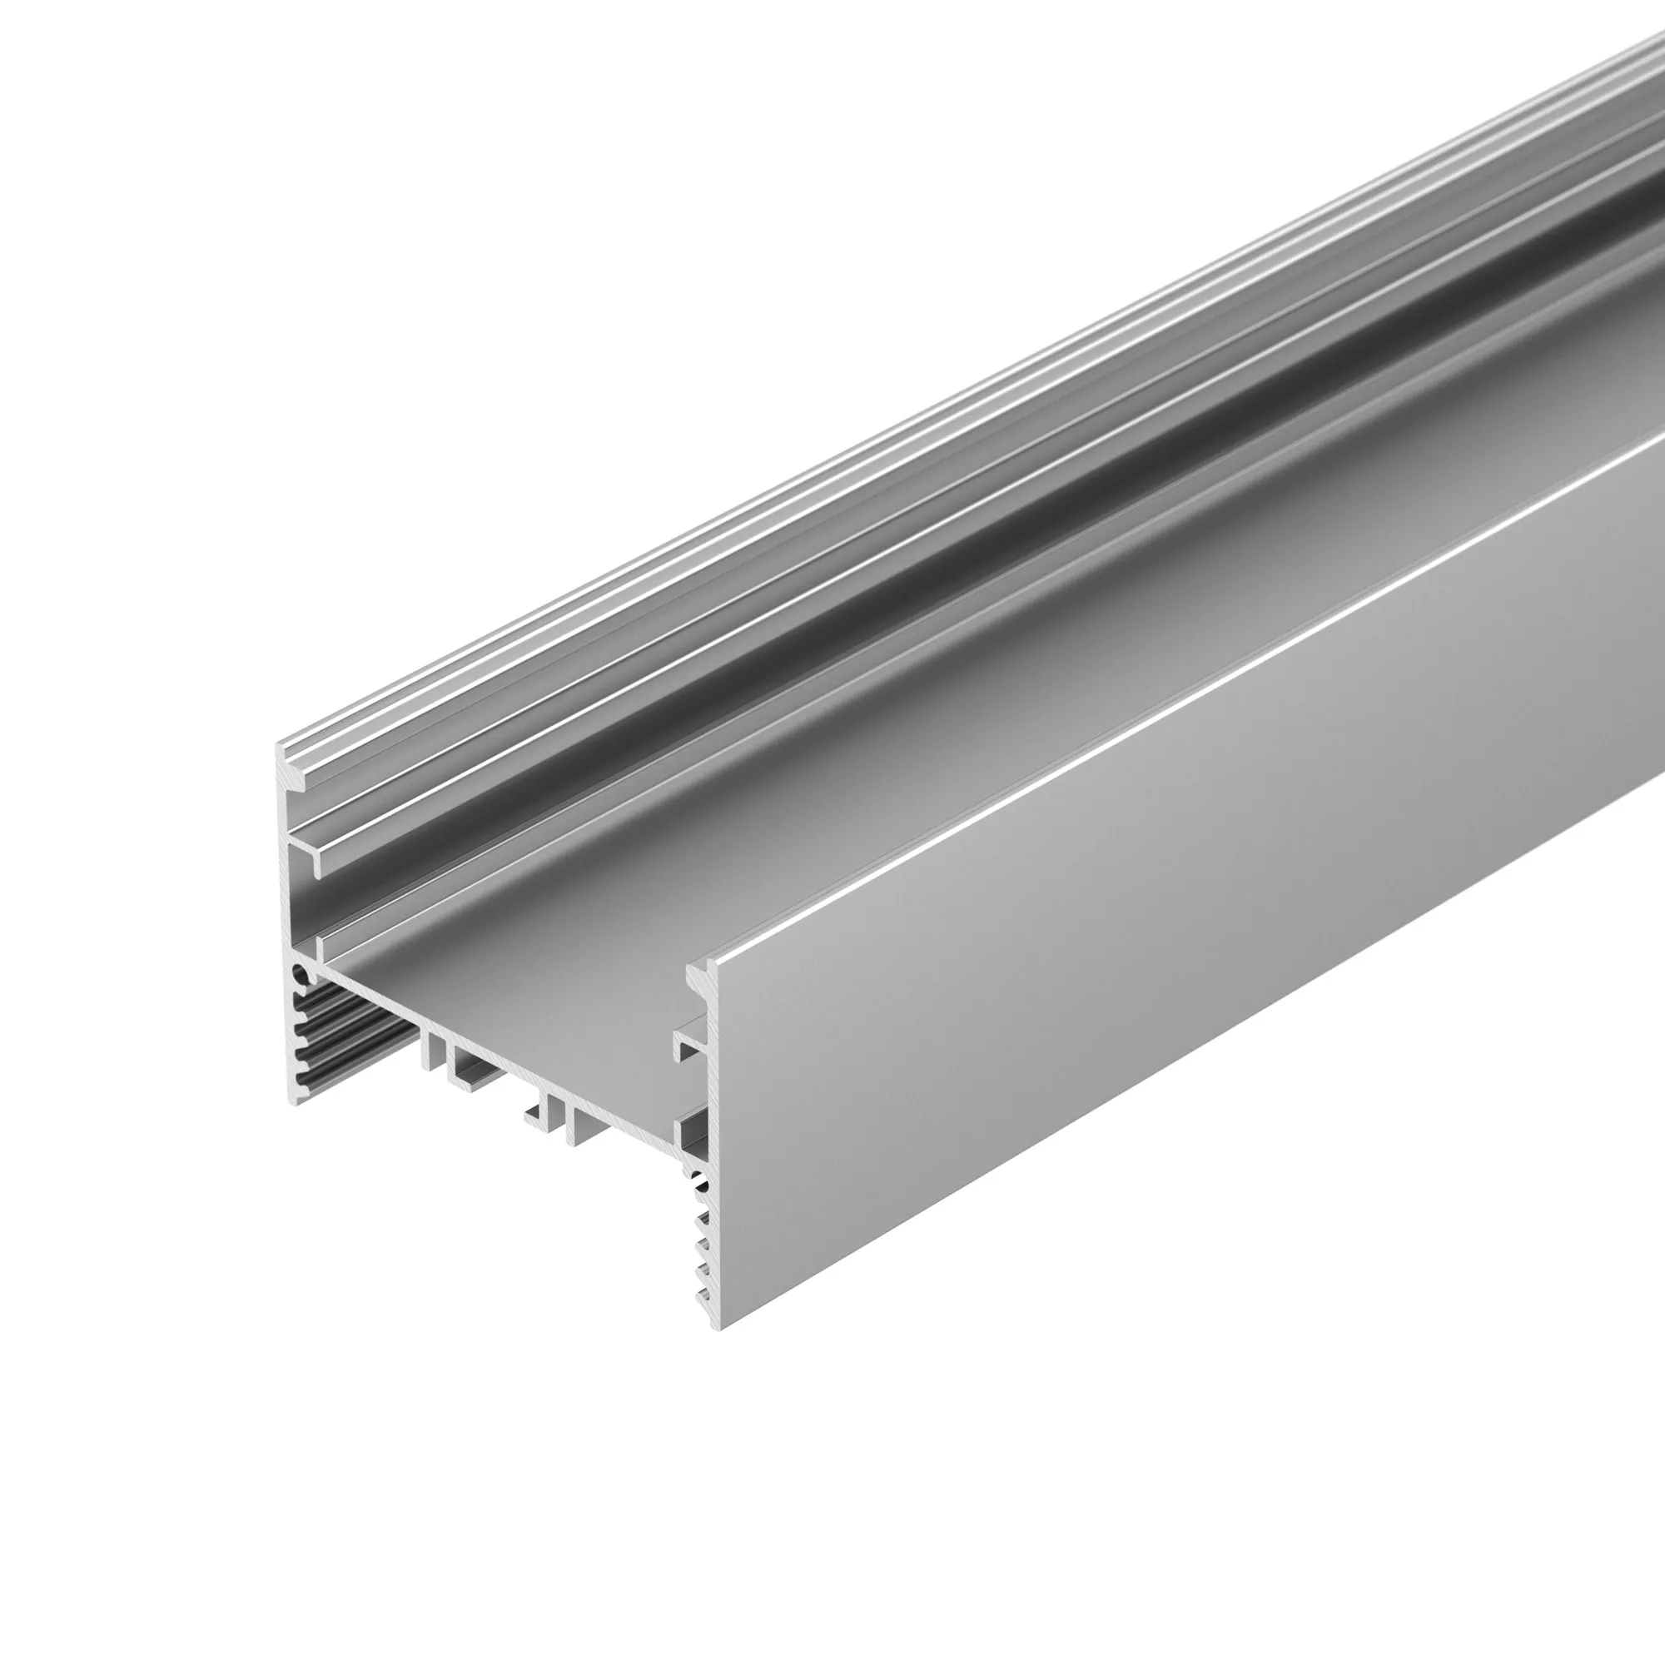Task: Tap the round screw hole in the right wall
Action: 702,1179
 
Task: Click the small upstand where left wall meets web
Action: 320,948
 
